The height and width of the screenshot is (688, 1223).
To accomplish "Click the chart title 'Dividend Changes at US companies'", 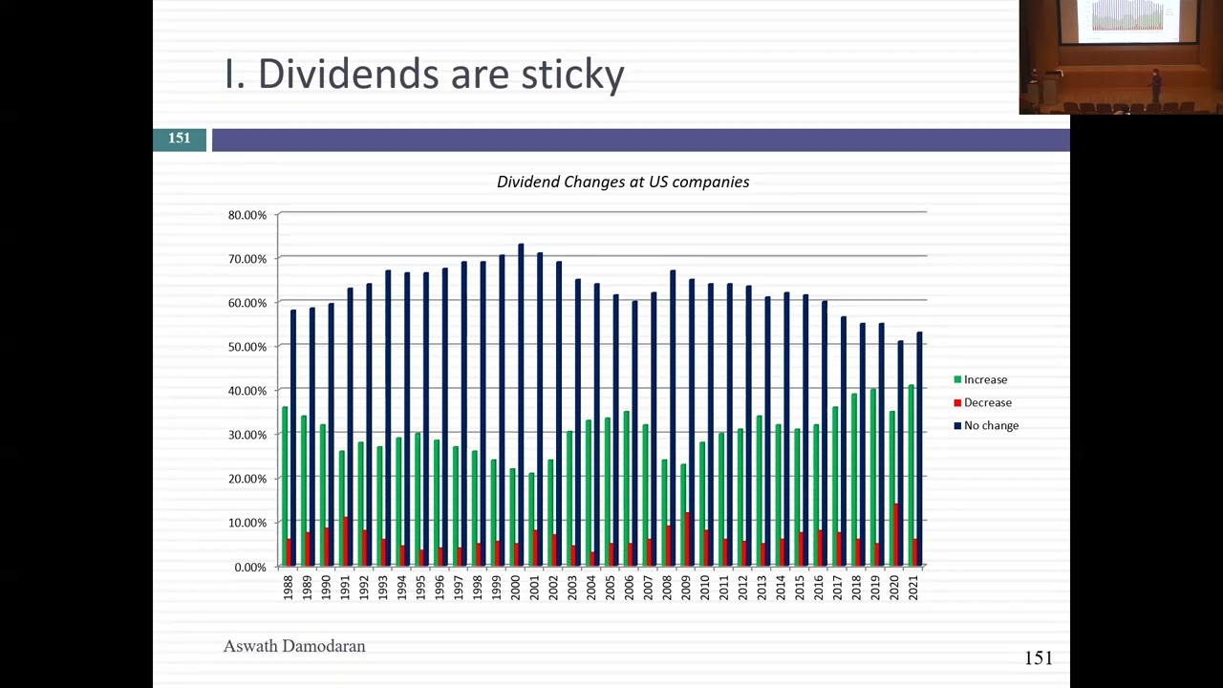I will [x=623, y=182].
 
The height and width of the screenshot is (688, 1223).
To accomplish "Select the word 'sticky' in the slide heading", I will [x=572, y=75].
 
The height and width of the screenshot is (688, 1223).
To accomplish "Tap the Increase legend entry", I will [x=985, y=379].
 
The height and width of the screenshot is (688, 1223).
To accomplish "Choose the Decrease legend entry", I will [x=987, y=402].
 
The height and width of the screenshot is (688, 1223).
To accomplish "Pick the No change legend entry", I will [x=991, y=425].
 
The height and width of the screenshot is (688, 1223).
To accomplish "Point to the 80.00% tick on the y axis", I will [x=247, y=215].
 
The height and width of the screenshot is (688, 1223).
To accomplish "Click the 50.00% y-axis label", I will [x=247, y=347].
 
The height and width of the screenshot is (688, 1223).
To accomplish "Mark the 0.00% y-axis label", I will [x=250, y=567].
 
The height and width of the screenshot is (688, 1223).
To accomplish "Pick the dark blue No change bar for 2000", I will [x=521, y=382].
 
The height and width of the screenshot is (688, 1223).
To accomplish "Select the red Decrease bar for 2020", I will [x=896, y=535].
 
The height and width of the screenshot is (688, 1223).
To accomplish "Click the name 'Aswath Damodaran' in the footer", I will [x=294, y=646].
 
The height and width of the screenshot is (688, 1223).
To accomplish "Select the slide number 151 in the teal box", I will [x=180, y=139].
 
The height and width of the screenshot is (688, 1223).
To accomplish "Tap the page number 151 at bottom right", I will [x=1039, y=657].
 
